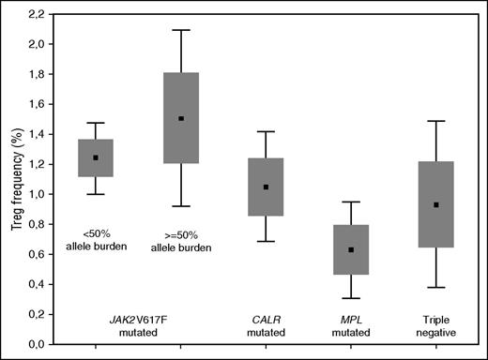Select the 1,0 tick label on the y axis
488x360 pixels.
[x=37, y=194]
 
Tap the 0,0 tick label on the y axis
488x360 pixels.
[x=37, y=344]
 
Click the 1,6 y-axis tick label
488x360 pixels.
[x=37, y=104]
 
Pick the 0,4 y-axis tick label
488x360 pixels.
[x=37, y=284]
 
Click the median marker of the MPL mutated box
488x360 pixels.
[x=351, y=250]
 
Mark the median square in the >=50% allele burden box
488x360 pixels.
[x=181, y=119]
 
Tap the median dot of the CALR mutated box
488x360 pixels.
[x=267, y=187]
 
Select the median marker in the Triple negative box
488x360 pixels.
[x=436, y=204]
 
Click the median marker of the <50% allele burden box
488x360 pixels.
[x=96, y=157]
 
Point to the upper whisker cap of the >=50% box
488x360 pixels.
[x=181, y=30]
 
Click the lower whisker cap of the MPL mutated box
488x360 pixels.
[x=351, y=298]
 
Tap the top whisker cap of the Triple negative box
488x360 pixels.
[x=436, y=121]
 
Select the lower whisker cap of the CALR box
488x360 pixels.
[x=267, y=241]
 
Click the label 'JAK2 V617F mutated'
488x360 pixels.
[x=138, y=325]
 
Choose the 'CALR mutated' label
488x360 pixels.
[x=267, y=325]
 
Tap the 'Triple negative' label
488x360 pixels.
[x=436, y=325]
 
